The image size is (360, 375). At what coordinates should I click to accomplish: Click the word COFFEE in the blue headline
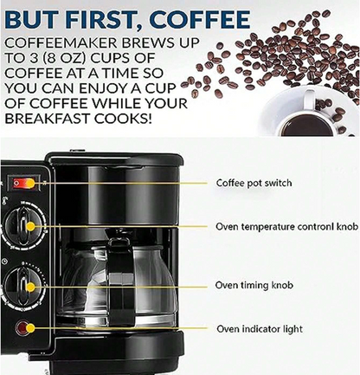(x=200, y=19)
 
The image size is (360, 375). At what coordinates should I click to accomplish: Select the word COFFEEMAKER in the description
(x=61, y=43)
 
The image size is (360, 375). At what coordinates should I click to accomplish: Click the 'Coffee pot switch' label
(x=254, y=183)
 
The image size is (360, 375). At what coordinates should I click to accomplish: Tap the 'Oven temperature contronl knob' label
(x=287, y=227)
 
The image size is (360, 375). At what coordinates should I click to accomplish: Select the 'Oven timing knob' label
(x=254, y=285)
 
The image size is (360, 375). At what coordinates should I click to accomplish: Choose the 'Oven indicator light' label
(x=260, y=329)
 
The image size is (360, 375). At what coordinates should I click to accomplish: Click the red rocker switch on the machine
(x=24, y=183)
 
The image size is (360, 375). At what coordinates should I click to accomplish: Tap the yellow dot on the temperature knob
(x=30, y=227)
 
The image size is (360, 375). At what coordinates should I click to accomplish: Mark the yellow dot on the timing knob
(x=30, y=288)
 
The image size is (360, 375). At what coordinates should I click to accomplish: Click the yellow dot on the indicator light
(x=30, y=328)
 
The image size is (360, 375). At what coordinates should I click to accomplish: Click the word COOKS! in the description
(x=123, y=119)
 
